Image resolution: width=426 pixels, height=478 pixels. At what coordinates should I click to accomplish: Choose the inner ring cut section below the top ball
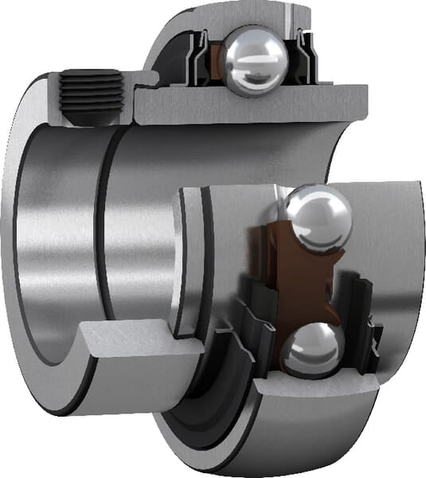click(247, 108)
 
